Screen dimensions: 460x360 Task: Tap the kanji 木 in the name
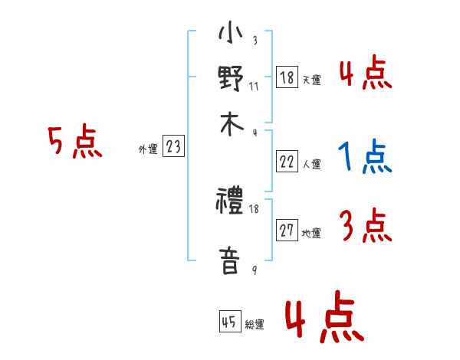[x=230, y=124]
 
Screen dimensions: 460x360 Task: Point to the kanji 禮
[x=230, y=203]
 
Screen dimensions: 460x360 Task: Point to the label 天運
[x=311, y=80]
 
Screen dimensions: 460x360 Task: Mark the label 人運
[x=311, y=163]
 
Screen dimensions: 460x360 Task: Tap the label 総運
[x=255, y=324]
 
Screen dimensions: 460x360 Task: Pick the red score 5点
[x=75, y=143]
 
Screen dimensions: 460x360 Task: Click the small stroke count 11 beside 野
[x=254, y=85]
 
